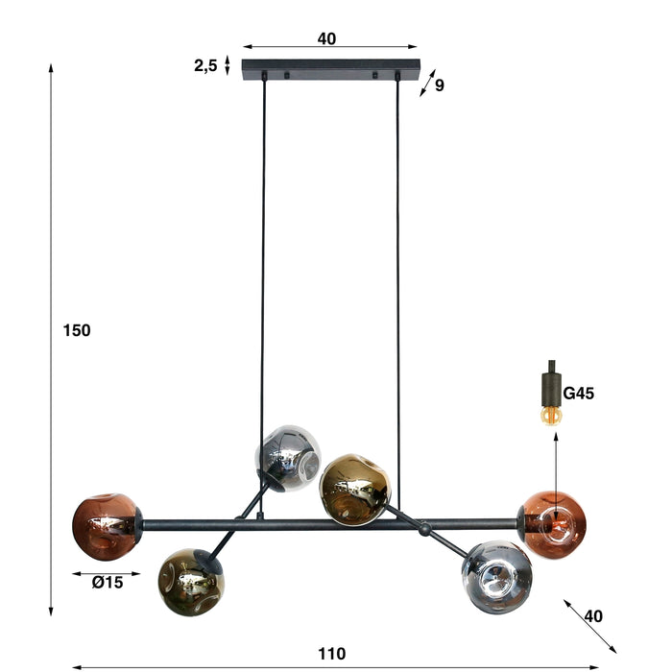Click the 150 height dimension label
tap(77, 330)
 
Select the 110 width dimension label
tap(331, 654)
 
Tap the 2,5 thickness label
tap(205, 65)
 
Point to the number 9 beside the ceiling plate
tap(440, 85)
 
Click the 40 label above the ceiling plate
tap(326, 38)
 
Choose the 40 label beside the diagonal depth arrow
tap(593, 616)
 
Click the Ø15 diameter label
tap(107, 582)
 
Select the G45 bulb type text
tap(580, 393)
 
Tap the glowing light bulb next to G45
tap(550, 414)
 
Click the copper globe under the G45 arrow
tap(555, 524)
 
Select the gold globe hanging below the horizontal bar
tap(189, 581)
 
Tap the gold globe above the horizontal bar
tap(354, 489)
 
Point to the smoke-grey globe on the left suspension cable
tap(288, 457)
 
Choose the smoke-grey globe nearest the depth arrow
tap(496, 576)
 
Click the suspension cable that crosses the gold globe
tap(397, 288)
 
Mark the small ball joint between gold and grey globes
tap(423, 527)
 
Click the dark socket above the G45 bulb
tap(551, 384)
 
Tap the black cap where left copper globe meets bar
tap(138, 524)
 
